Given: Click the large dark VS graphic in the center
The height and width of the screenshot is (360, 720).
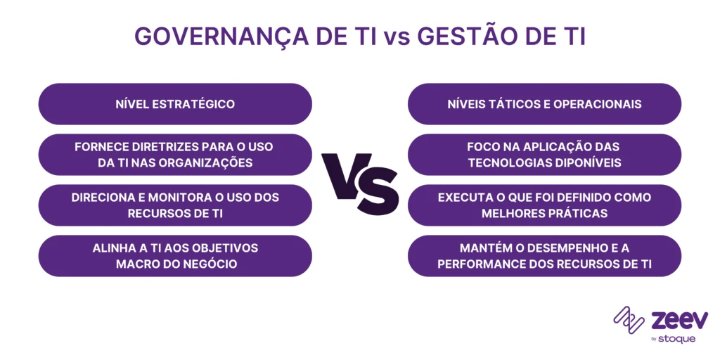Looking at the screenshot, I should [x=360, y=179].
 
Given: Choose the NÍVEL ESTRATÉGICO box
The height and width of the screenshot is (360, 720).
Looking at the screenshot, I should [x=175, y=104].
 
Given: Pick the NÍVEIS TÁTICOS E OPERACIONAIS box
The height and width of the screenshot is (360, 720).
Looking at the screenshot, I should [x=545, y=104].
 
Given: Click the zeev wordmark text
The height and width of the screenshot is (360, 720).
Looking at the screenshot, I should [x=679, y=320].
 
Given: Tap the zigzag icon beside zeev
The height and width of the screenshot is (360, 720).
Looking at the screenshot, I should [x=629, y=320].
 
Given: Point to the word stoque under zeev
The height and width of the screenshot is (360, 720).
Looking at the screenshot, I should [x=677, y=339].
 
